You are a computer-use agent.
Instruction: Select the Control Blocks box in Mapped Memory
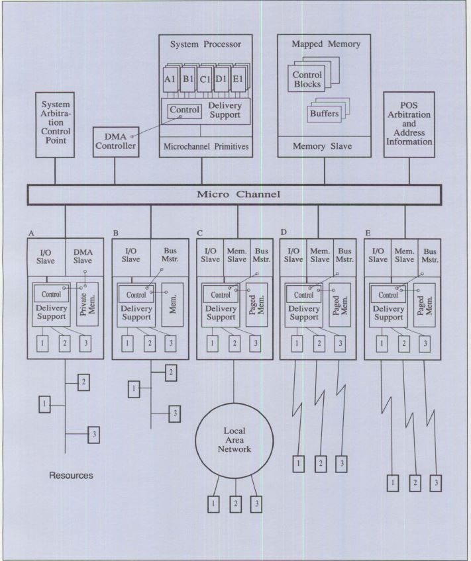[307, 79]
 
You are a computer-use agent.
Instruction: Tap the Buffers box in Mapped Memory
[324, 114]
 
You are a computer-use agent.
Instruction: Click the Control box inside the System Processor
[183, 110]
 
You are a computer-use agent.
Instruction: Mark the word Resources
[71, 476]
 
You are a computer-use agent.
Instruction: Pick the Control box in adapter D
[303, 295]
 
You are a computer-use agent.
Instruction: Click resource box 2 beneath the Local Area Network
[235, 503]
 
